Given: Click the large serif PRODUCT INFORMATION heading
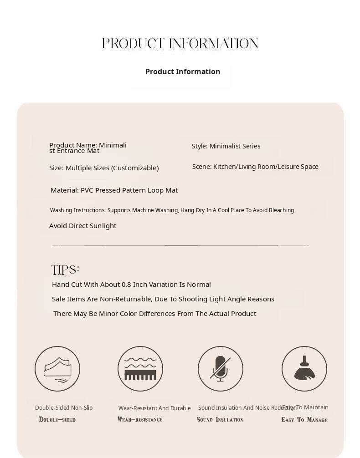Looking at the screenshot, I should pos(180,44).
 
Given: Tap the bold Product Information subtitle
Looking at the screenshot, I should pos(183,71).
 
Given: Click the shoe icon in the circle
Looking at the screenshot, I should pos(57,369).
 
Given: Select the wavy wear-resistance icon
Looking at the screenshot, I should pos(140,369).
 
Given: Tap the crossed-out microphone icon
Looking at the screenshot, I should pos(221,369).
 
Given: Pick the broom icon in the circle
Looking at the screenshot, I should pos(304,369).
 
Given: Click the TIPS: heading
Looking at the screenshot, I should pos(66,270).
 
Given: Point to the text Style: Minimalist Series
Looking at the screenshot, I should pos(226,146).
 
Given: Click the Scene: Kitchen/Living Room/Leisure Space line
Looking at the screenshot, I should pos(255,167).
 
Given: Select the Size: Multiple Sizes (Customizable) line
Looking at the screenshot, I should pos(104,168).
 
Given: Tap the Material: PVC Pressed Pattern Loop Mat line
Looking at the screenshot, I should pos(114,190).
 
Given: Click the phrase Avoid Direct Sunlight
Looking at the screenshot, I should pos(82,226).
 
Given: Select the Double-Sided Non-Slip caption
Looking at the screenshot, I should pos(64,408).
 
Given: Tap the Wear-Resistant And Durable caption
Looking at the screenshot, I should pos(154,408).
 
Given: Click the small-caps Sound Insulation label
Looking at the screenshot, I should pos(220,419).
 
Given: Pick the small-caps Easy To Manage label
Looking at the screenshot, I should pos(304,419).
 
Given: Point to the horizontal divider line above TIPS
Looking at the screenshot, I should pos(180,246).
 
